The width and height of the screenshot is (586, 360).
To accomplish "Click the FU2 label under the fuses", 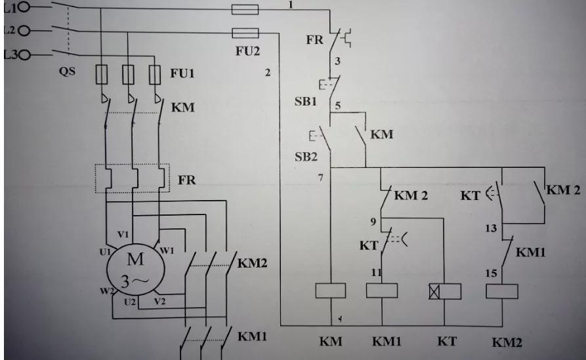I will coord(246,51).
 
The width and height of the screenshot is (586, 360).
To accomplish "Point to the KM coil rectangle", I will coord(331,290).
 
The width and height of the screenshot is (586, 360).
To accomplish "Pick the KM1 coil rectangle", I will coord(381,290).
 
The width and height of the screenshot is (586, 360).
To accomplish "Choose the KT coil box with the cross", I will coord(444,290).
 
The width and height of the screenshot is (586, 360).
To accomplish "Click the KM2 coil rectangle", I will coord(501,290).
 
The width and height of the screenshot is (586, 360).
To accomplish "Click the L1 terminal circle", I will coord(24,8).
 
